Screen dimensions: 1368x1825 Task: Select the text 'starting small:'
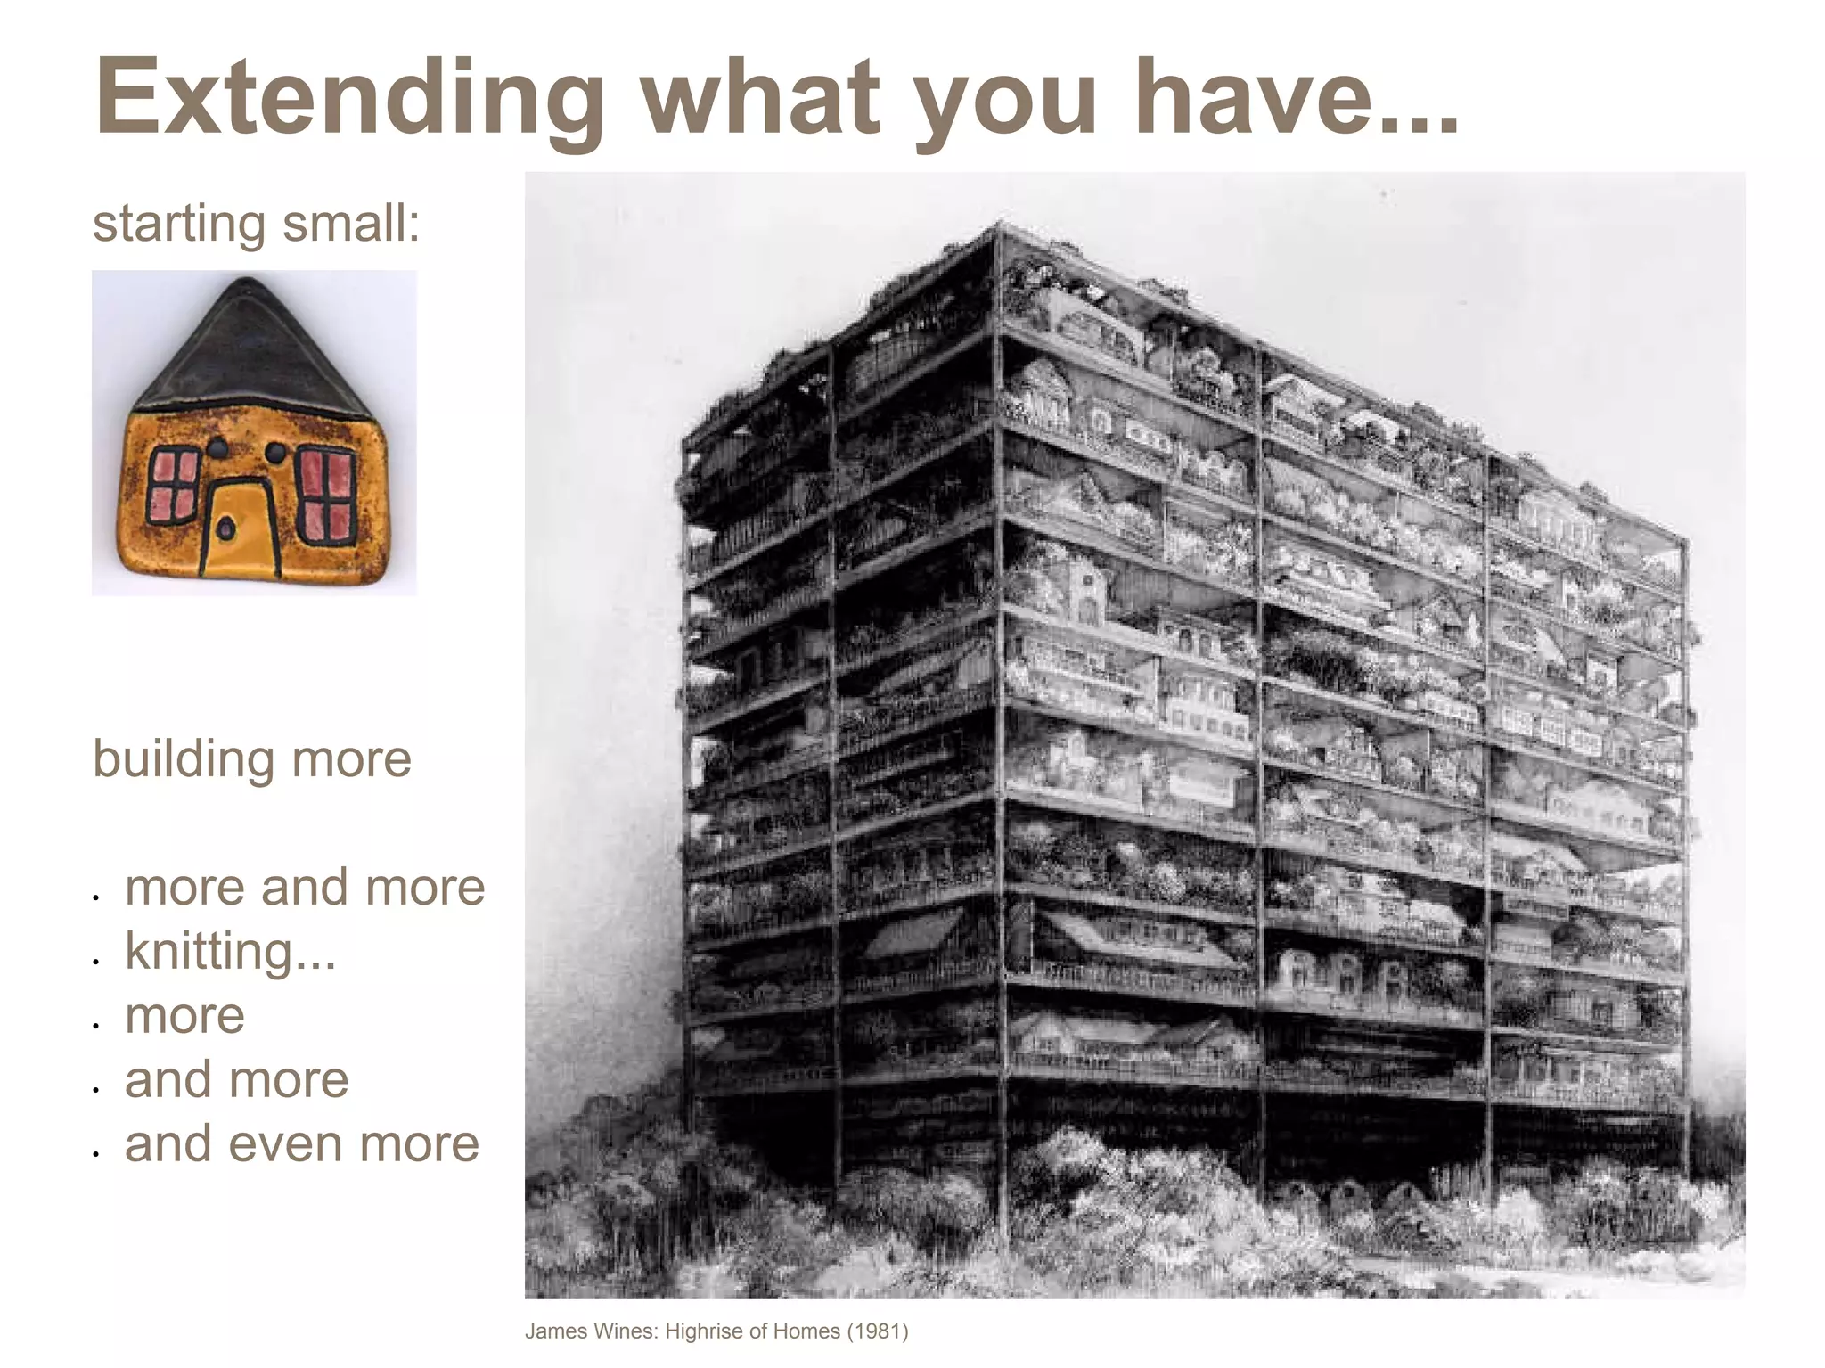[256, 223]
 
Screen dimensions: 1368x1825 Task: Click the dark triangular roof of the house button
[251, 352]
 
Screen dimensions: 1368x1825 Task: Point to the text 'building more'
[252, 759]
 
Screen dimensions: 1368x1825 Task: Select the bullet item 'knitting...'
[231, 951]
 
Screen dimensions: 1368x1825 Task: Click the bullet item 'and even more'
[302, 1143]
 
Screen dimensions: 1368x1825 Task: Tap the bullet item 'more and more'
[305, 887]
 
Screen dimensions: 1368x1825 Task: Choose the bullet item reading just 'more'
[184, 1015]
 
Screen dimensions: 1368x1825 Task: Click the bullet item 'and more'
[237, 1079]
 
